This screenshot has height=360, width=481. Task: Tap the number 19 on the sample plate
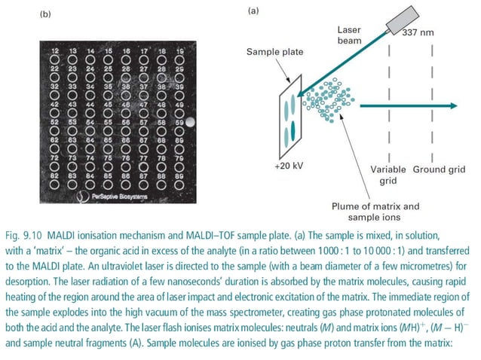click(179, 50)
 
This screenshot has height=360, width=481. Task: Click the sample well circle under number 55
click(109, 130)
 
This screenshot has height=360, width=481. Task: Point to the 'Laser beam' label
click(351, 34)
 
